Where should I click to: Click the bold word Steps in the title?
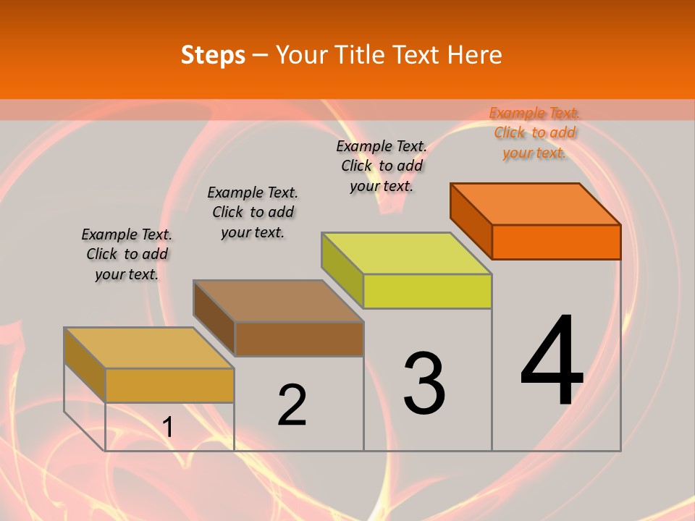[x=213, y=55]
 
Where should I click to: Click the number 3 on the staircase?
[x=424, y=384]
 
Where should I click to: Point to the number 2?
[x=292, y=405]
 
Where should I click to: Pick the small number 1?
[x=168, y=427]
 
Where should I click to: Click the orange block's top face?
[x=536, y=203]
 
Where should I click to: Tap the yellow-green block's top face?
[x=407, y=253]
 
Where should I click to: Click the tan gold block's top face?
[x=149, y=348]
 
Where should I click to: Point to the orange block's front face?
[x=556, y=242]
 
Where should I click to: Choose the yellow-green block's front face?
[x=427, y=291]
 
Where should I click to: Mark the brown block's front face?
[x=299, y=339]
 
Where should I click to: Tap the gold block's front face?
[x=169, y=385]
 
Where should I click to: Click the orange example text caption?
[x=534, y=132]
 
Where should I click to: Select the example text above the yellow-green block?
[x=382, y=166]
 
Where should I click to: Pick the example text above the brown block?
[x=253, y=212]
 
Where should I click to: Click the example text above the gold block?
[x=127, y=254]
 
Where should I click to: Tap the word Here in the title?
[x=474, y=55]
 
